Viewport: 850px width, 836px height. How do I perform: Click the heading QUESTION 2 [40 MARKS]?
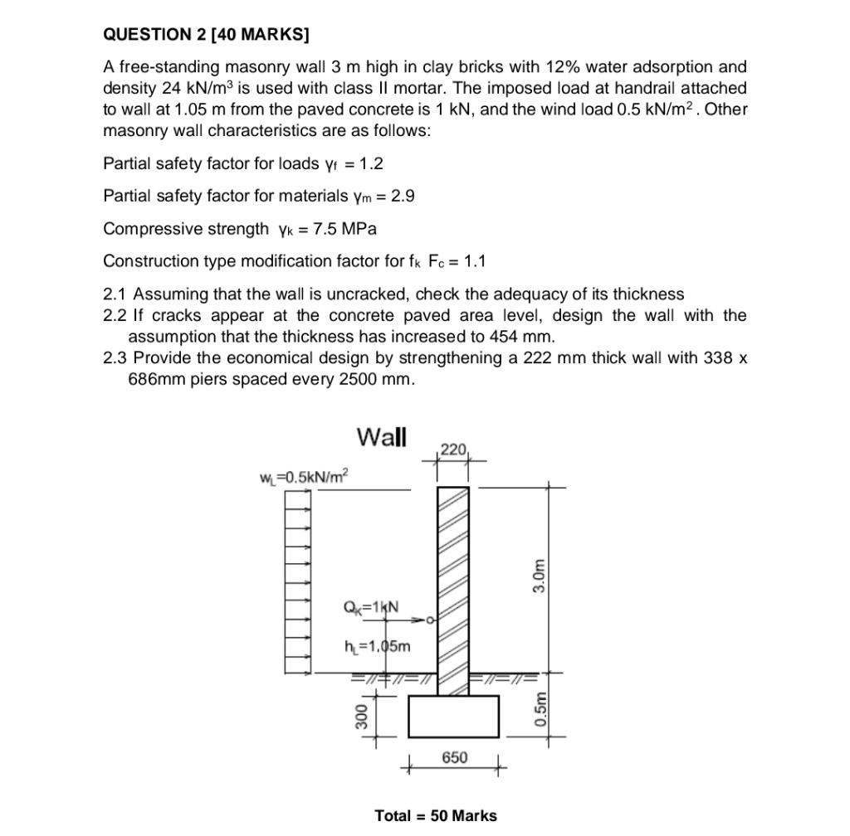[206, 34]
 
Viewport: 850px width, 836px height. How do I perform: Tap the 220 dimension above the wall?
[453, 450]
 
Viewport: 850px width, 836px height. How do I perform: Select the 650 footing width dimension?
[454, 757]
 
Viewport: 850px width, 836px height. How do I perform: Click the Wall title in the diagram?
[381, 436]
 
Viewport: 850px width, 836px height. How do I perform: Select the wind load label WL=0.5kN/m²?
[304, 477]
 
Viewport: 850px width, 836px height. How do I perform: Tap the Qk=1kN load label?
[370, 607]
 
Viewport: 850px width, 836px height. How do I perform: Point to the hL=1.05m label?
[376, 646]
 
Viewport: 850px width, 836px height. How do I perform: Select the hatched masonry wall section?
[453, 581]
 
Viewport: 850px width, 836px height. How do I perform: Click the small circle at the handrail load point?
[430, 620]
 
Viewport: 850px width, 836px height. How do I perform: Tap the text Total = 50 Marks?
[436, 815]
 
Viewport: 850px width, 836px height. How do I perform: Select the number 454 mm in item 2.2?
[523, 337]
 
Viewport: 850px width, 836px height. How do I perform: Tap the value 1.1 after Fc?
[475, 261]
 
